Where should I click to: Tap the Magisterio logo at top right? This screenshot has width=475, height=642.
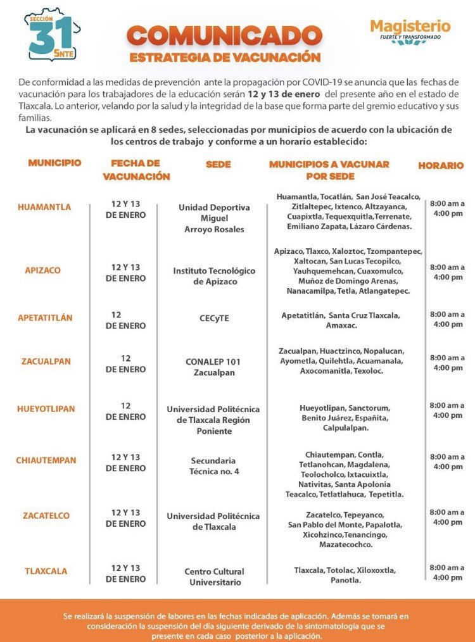pyautogui.click(x=410, y=31)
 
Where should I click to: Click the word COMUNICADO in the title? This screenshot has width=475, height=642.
pyautogui.click(x=225, y=36)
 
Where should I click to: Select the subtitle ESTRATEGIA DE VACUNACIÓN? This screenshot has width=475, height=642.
pyautogui.click(x=225, y=58)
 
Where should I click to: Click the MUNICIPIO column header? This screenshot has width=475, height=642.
pyautogui.click(x=54, y=163)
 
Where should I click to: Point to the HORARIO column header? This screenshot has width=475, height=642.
pyautogui.click(x=441, y=165)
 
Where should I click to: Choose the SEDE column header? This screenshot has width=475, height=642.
pyautogui.click(x=218, y=165)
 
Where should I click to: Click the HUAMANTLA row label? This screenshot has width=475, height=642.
pyautogui.click(x=44, y=207)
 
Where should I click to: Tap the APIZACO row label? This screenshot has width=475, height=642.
pyautogui.click(x=43, y=270)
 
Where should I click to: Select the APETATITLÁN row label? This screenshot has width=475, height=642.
pyautogui.click(x=45, y=318)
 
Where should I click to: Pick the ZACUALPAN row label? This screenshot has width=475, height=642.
pyautogui.click(x=46, y=362)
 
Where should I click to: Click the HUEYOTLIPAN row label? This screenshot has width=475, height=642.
pyautogui.click(x=46, y=409)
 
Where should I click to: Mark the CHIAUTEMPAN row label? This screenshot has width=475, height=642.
pyautogui.click(x=46, y=460)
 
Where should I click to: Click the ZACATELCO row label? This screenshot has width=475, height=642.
pyautogui.click(x=46, y=516)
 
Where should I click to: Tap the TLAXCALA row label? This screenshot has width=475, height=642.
pyautogui.click(x=46, y=571)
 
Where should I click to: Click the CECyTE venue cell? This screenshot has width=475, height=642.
pyautogui.click(x=214, y=318)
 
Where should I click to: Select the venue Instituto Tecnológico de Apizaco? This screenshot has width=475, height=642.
pyautogui.click(x=214, y=276)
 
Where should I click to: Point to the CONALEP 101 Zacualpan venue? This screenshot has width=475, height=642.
pyautogui.click(x=213, y=367)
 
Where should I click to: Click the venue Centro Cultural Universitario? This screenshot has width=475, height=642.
pyautogui.click(x=214, y=577)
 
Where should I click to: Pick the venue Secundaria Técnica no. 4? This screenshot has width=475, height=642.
pyautogui.click(x=213, y=466)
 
